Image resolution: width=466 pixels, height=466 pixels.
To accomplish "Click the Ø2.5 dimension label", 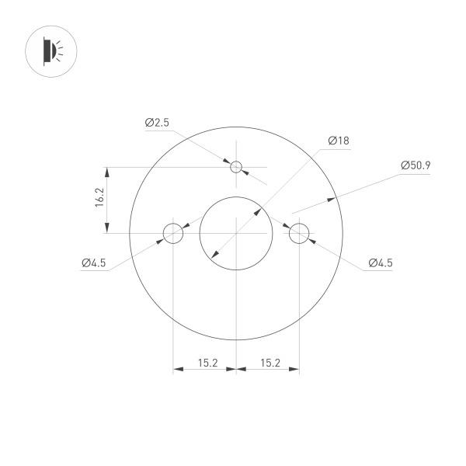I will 156,123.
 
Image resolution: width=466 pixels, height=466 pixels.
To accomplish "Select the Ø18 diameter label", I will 339,141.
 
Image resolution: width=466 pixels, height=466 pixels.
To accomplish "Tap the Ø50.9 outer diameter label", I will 416,165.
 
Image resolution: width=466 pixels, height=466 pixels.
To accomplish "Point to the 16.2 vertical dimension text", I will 99,200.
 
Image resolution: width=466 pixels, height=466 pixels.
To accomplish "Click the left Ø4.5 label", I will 93,263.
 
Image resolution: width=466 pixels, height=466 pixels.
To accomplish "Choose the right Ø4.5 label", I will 380,263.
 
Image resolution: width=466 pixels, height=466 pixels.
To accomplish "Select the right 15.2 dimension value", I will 270,362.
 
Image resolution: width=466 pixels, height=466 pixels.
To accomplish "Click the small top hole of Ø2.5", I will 237,166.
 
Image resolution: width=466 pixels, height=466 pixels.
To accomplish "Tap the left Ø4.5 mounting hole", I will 172,232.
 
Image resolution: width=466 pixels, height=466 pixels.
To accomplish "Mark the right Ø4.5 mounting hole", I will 299,232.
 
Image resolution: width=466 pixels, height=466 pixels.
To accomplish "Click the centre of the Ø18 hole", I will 236,232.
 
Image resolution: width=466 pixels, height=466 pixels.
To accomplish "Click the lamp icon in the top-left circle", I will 50,51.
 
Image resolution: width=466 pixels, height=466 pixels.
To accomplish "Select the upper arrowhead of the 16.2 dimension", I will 107,170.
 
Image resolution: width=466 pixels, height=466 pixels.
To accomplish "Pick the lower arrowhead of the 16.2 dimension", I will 107,228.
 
